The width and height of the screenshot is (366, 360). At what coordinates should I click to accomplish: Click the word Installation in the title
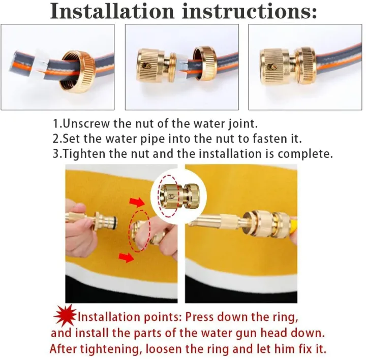pyautogui.click(x=112, y=11)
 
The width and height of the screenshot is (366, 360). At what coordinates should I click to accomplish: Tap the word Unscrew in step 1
pyautogui.click(x=86, y=123)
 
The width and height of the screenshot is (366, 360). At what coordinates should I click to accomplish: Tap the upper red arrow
pyautogui.click(x=138, y=203)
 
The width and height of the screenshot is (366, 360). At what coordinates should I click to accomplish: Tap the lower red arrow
pyautogui.click(x=126, y=257)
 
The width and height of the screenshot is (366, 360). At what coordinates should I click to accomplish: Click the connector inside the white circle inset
pyautogui.click(x=178, y=196)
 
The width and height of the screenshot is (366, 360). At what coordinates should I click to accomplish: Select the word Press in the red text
pyautogui.click(x=200, y=317)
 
